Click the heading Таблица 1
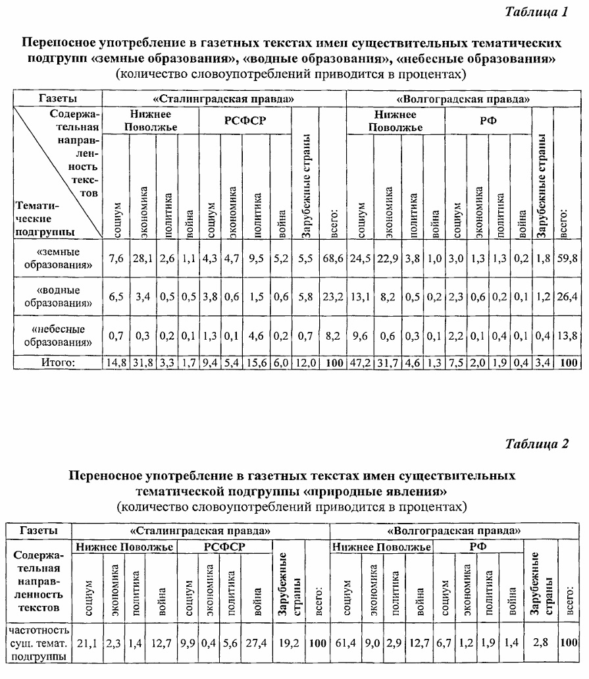tap(536, 12)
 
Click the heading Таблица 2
tap(536, 443)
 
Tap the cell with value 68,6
tap(332, 259)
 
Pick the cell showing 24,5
tap(361, 259)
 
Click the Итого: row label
tap(58, 362)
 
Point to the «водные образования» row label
tap(58, 296)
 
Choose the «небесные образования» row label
tap(58, 335)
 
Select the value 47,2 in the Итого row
tap(361, 362)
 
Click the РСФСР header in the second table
tap(224, 547)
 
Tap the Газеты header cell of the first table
tap(57, 98)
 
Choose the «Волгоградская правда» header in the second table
tap(453, 530)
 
